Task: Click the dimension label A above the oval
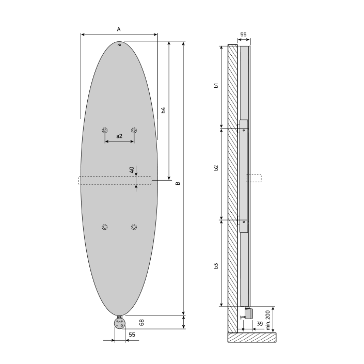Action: point(119,29)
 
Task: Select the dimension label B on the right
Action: point(178,183)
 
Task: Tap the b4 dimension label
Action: point(163,110)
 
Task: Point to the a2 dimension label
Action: point(119,136)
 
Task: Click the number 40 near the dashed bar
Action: point(132,169)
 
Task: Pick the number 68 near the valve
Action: point(141,322)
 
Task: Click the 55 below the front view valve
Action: point(132,335)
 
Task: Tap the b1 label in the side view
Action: point(216,86)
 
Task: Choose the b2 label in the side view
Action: point(216,168)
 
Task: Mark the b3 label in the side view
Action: point(216,265)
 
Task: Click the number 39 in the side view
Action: point(260,324)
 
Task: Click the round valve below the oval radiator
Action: point(120,324)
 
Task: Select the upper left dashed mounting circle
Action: point(105,130)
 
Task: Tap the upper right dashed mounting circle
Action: point(134,130)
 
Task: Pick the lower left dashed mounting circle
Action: point(105,227)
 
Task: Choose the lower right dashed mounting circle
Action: point(134,227)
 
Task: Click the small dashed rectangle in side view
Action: point(254,178)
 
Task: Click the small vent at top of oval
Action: point(120,45)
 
